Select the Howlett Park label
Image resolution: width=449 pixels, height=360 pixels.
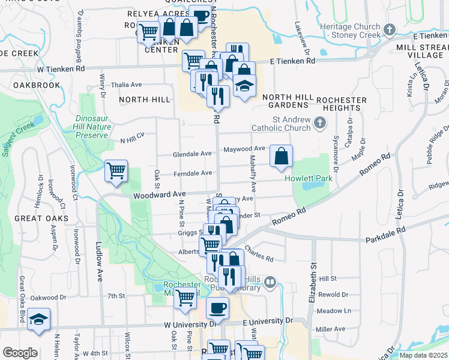point(309,179)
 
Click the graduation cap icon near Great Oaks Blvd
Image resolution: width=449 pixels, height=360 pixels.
point(38,319)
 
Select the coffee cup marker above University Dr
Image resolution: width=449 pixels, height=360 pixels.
point(217,308)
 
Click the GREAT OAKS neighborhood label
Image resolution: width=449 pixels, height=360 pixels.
point(41,218)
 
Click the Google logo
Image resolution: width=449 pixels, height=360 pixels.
point(20,353)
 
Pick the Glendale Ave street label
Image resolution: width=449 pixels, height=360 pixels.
point(192,154)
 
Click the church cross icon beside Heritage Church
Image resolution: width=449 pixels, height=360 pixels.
point(390,29)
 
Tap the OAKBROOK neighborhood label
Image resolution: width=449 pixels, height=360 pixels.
point(37,85)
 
